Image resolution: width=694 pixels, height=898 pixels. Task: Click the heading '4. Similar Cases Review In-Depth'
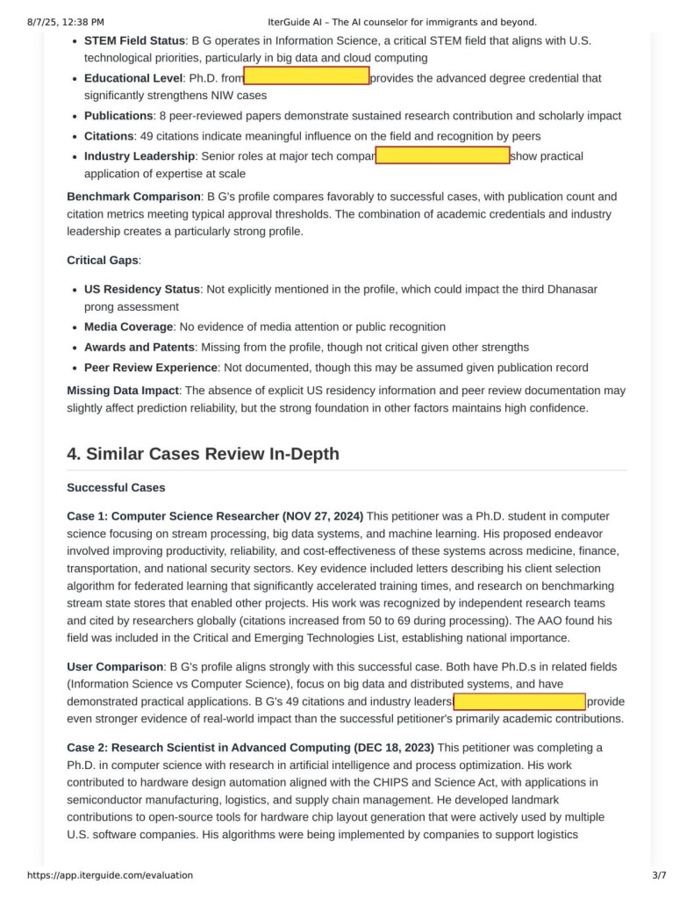[x=203, y=453]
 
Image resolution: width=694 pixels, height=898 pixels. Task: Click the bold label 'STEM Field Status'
[x=134, y=40]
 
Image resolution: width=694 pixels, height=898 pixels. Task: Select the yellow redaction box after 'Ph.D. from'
[x=306, y=77]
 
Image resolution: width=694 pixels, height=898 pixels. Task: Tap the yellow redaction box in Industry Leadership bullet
[x=442, y=156]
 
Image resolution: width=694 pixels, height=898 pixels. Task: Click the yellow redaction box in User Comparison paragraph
[x=519, y=701]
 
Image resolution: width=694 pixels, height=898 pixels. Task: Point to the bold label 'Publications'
[x=118, y=116]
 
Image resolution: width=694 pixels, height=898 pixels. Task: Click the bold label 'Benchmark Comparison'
[x=133, y=197]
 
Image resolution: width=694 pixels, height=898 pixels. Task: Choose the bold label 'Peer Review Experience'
[x=150, y=368]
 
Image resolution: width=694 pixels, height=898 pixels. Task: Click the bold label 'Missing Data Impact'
[x=124, y=390]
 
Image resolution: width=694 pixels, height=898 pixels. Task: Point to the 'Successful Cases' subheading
[x=116, y=487]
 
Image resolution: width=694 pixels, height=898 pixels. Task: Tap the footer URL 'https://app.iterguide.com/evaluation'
[x=110, y=875]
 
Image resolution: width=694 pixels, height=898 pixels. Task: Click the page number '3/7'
[x=659, y=875]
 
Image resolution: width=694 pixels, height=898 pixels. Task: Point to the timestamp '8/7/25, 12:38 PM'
[x=66, y=22]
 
